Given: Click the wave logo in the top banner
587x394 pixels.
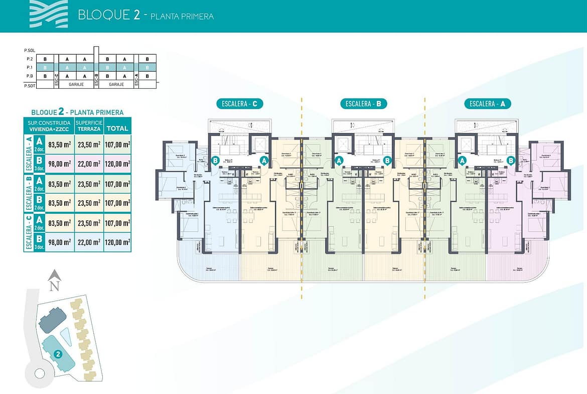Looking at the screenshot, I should tap(47, 13).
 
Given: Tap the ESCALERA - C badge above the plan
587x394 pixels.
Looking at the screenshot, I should tap(240, 104).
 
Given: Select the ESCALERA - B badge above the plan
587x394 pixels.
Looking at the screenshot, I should tap(363, 104).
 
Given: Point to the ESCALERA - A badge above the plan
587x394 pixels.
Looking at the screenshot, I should tap(487, 104).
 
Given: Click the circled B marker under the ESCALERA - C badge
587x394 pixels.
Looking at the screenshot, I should tap(215, 161).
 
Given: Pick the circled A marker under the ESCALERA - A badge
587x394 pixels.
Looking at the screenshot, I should tap(462, 161).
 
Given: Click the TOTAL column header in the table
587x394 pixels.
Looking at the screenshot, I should tap(117, 128).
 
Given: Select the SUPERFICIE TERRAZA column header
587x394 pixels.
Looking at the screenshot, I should tap(89, 125).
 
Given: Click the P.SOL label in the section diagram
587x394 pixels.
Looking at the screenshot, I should tap(29, 51).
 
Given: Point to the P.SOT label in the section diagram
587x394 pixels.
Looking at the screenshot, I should tap(29, 85).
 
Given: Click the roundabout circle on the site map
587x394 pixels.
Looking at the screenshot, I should tap(40, 373).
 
